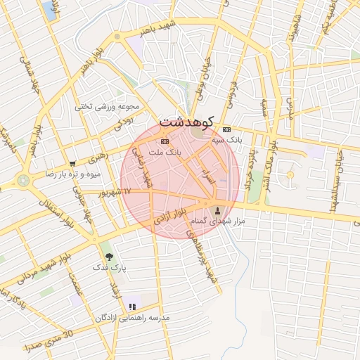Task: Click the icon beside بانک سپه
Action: pyautogui.click(x=226, y=129)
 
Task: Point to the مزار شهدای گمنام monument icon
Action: pyautogui.click(x=217, y=210)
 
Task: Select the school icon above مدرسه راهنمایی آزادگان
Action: pyautogui.click(x=132, y=307)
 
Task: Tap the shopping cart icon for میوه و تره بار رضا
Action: pyautogui.click(x=72, y=163)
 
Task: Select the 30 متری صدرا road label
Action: pyautogui.click(x=49, y=342)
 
